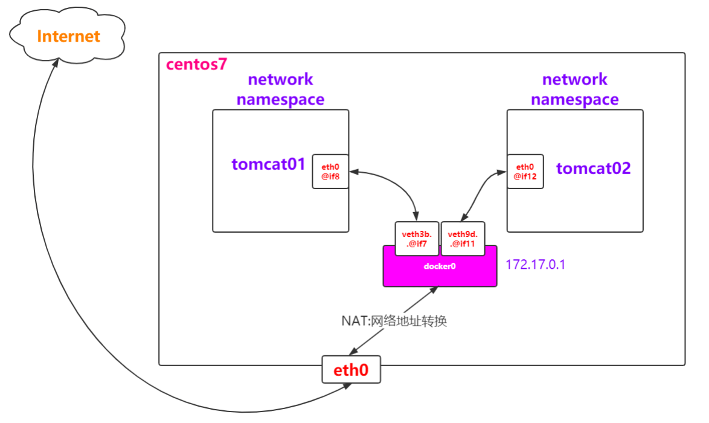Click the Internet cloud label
coord(68,36)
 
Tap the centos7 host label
coord(196,65)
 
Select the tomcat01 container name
coord(269,164)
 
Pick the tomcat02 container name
coord(593,169)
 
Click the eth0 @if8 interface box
coord(330,172)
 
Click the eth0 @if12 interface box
coord(525,172)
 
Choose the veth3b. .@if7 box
coord(417,239)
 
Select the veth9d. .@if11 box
coord(463,239)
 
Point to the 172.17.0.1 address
coord(536,265)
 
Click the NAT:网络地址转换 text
coord(394,321)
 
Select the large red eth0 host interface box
coord(351,369)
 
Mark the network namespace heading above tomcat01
coord(280,89)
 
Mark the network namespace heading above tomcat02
coord(574,89)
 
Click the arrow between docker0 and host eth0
coord(393,320)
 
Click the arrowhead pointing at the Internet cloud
coord(54,65)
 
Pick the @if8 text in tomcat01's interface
coord(330,178)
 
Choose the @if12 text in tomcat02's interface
coord(525,178)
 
